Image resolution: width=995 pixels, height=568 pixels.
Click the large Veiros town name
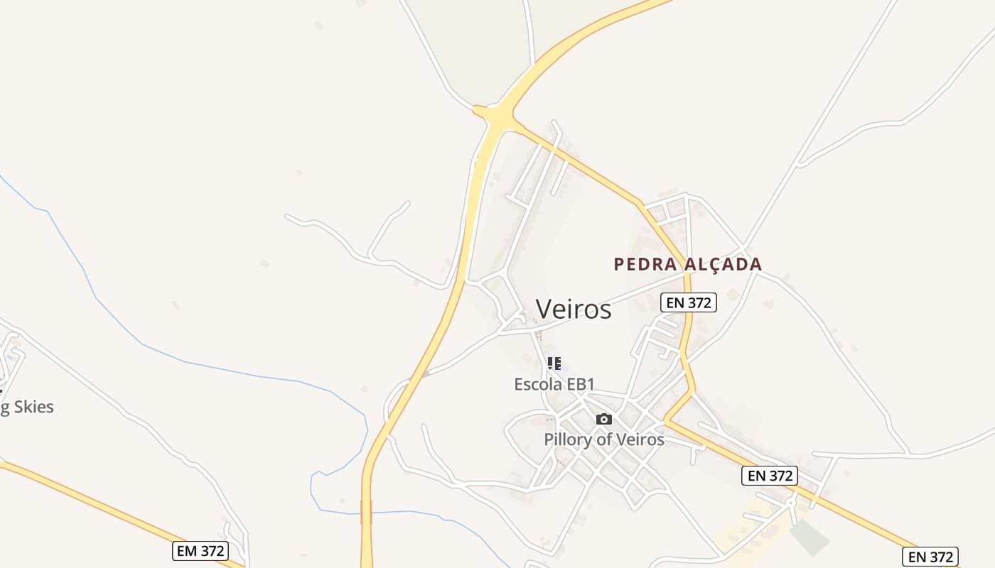click(x=574, y=310)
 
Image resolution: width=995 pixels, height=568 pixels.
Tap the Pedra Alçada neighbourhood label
click(x=688, y=265)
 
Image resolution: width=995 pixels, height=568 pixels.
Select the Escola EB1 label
click(x=554, y=384)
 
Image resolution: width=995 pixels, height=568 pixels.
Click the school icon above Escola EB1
click(x=554, y=364)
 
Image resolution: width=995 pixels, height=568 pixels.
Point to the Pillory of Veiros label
click(x=604, y=439)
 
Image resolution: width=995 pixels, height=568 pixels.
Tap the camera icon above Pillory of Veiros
click(x=604, y=419)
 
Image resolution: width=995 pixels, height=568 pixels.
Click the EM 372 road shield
click(x=200, y=550)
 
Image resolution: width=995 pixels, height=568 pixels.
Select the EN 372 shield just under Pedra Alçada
click(x=689, y=302)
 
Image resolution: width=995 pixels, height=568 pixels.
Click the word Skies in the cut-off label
click(x=33, y=407)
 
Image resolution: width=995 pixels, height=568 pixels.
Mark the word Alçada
click(x=723, y=265)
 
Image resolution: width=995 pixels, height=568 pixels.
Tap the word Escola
click(x=538, y=384)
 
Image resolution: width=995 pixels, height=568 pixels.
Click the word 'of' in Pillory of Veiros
click(x=605, y=439)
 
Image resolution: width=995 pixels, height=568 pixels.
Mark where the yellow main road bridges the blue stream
click(x=367, y=512)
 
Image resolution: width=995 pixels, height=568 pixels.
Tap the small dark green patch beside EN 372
click(x=810, y=537)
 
